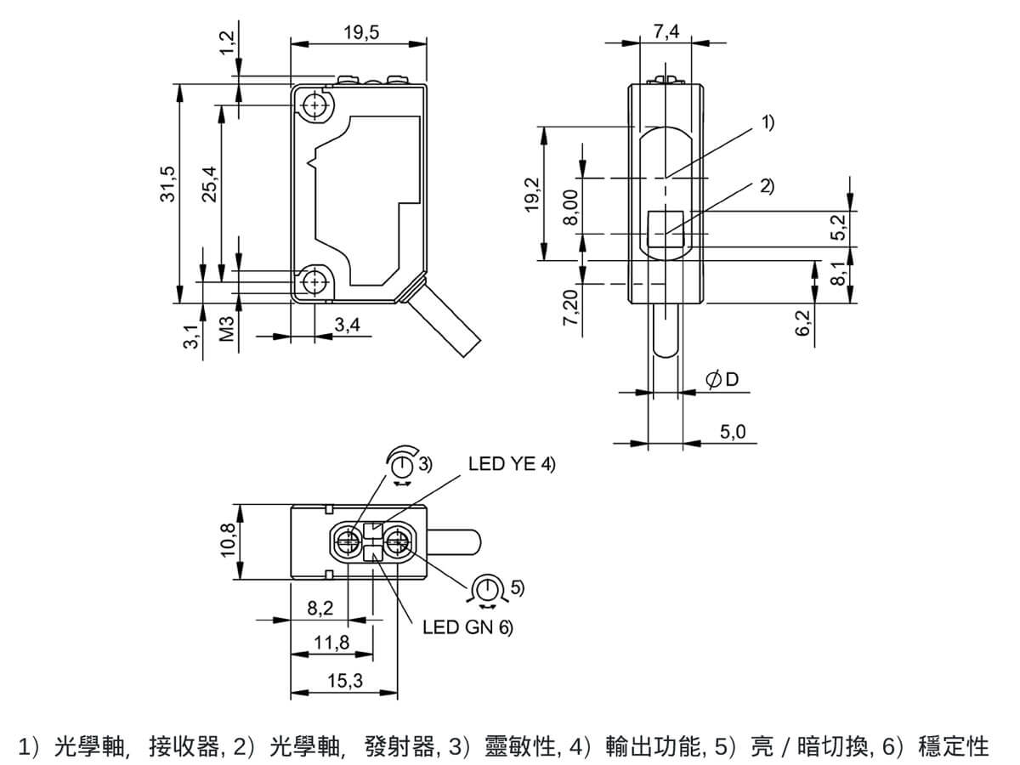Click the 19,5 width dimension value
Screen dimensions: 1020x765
point(361,32)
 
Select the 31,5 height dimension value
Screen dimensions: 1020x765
point(167,184)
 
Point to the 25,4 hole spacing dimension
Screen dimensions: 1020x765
point(210,184)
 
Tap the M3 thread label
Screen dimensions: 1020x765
point(227,329)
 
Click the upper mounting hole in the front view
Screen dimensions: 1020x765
point(315,105)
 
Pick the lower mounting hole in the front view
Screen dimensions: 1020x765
point(315,282)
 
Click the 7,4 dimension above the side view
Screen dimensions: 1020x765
point(666,31)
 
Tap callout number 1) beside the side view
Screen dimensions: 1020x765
point(768,122)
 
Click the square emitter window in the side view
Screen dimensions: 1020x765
point(666,229)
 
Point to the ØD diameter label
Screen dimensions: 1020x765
point(722,380)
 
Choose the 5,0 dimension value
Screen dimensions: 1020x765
point(733,433)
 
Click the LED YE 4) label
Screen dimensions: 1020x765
point(512,464)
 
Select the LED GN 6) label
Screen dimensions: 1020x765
point(468,627)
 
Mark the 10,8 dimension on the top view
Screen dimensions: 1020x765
point(228,541)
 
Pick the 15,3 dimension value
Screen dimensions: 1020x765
point(345,681)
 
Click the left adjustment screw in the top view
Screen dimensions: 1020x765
point(348,541)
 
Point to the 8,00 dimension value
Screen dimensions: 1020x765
point(570,207)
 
